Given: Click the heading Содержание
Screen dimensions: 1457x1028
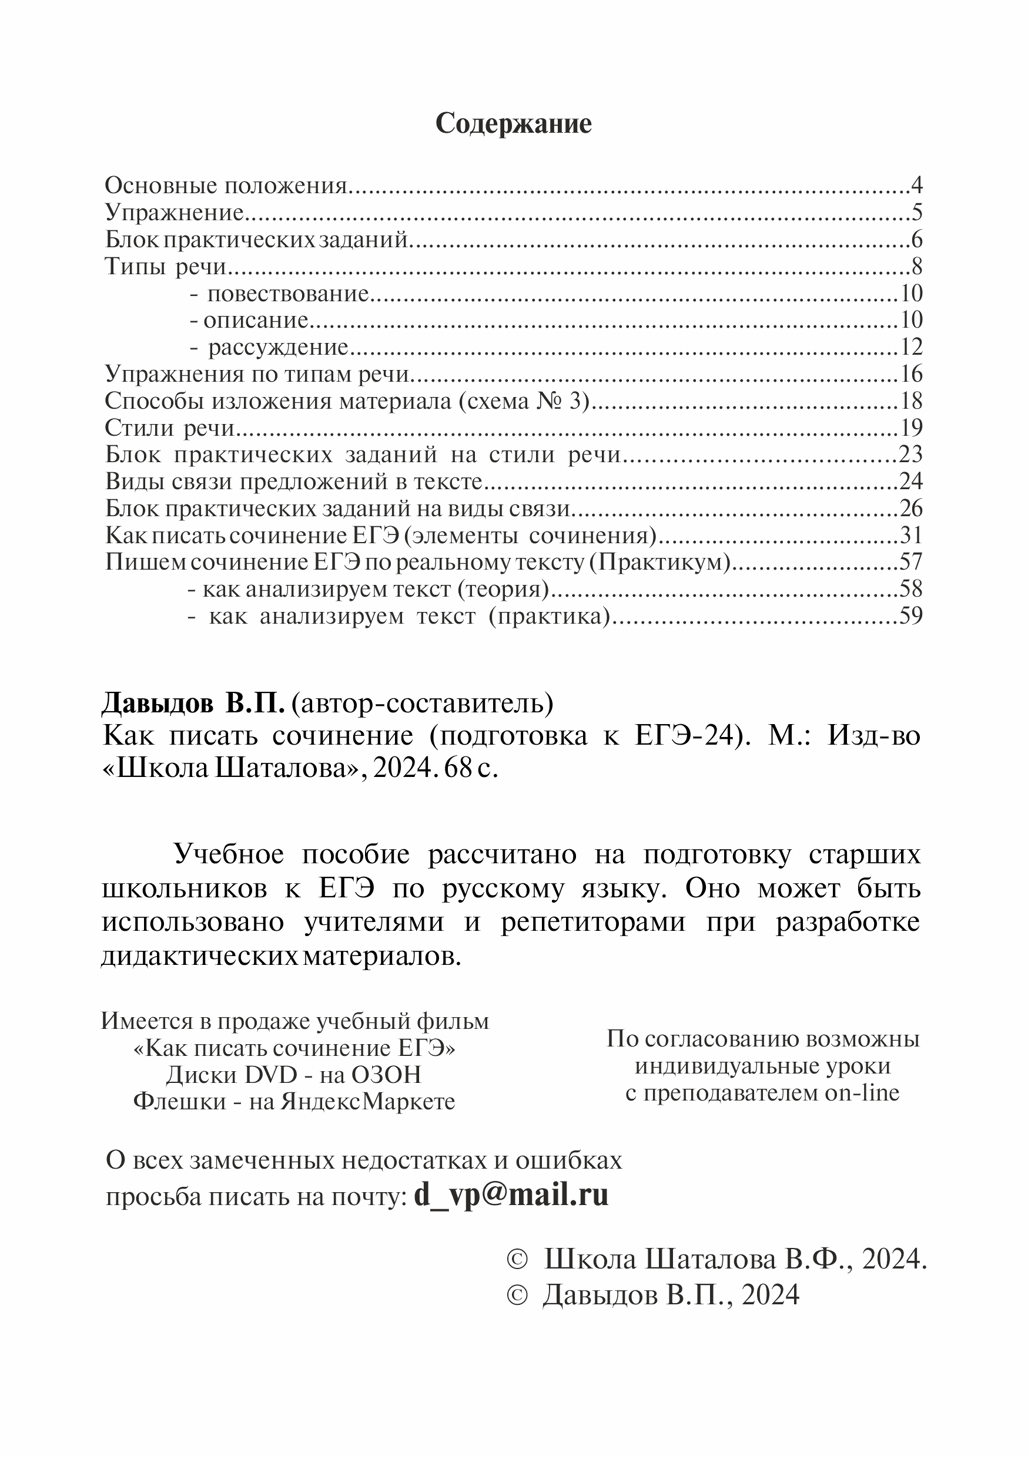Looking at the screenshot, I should coord(513,124).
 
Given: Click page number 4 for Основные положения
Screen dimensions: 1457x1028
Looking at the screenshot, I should coord(916,186).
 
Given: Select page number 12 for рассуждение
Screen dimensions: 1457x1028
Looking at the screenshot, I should coord(910,347).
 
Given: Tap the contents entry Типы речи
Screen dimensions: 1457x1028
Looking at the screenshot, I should coord(166,267).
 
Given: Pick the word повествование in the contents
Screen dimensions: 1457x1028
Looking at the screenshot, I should coord(287,294).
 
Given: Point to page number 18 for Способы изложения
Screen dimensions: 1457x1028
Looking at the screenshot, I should coord(910,401).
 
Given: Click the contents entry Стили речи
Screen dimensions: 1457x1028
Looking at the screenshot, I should coord(169,428).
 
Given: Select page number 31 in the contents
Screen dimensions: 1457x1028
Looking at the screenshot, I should coord(910,536).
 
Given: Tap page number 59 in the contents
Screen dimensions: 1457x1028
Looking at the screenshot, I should coord(910,616).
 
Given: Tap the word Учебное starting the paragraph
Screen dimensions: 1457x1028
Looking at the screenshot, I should coord(229,855).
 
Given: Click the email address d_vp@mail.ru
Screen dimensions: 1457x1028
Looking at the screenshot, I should coord(511,1195).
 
